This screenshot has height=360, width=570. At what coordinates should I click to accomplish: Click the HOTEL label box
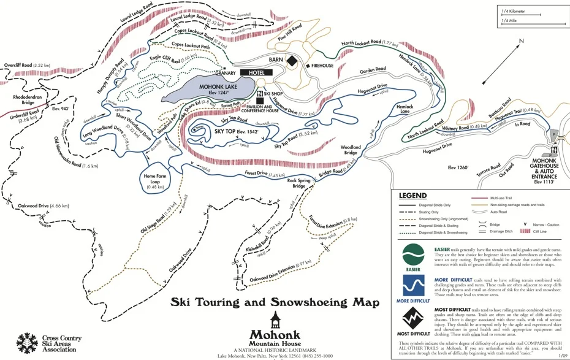click(256, 72)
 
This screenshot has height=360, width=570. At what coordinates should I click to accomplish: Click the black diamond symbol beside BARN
click(293, 61)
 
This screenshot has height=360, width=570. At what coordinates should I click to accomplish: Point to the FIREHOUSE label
click(322, 65)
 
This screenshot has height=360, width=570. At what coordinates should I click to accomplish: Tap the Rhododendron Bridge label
click(20, 100)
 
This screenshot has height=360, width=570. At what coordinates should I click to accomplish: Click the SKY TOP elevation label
click(237, 131)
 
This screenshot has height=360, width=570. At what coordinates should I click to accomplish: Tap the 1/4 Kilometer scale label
click(514, 10)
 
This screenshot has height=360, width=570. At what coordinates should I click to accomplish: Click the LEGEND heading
click(413, 196)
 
